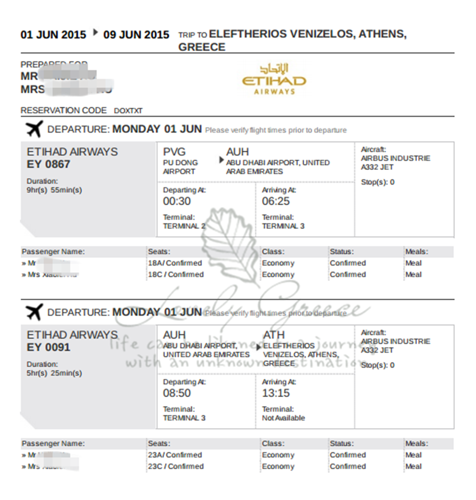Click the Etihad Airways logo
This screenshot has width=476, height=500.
pyautogui.click(x=274, y=79)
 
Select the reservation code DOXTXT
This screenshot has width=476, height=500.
pyautogui.click(x=128, y=111)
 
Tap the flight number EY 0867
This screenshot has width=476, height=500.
pyautogui.click(x=48, y=164)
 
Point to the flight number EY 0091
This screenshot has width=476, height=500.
pyautogui.click(x=48, y=347)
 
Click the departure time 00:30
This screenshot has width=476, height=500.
pyautogui.click(x=177, y=201)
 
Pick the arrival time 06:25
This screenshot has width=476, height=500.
pyautogui.click(x=275, y=201)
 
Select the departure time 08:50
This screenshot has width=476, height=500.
pyautogui.click(x=177, y=393)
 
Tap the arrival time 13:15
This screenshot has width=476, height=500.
pyautogui.click(x=275, y=393)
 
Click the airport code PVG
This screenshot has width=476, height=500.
pyautogui.click(x=174, y=152)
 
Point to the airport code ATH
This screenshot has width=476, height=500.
pyautogui.click(x=274, y=335)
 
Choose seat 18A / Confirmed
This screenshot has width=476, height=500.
pyautogui.click(x=175, y=263)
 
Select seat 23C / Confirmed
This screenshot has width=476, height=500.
pyautogui.click(x=176, y=466)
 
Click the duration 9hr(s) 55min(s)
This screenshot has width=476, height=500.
pyautogui.click(x=54, y=190)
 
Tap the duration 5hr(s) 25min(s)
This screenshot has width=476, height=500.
pyautogui.click(x=54, y=373)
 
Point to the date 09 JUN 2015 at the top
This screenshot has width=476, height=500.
pyautogui.click(x=136, y=35)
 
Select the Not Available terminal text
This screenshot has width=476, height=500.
pyautogui.click(x=283, y=418)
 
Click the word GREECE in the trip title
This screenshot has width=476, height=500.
pyautogui.click(x=202, y=47)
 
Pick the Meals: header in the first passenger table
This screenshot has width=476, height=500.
pyautogui.click(x=416, y=252)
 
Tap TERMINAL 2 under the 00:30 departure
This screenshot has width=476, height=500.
pyautogui.click(x=184, y=226)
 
